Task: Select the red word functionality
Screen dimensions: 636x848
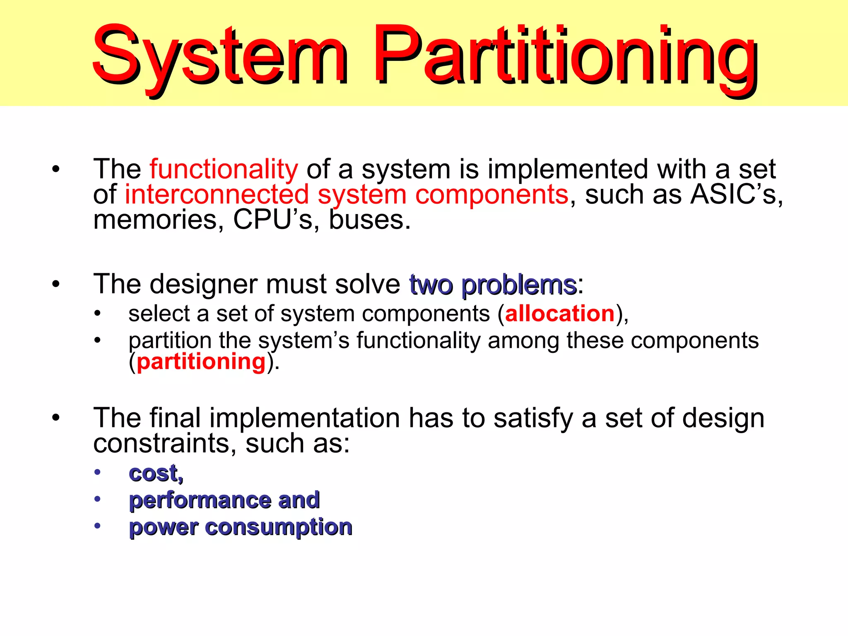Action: (224, 170)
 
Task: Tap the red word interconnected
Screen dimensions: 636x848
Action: (217, 195)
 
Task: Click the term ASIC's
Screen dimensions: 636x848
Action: (733, 195)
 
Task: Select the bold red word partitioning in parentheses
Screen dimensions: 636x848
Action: (201, 362)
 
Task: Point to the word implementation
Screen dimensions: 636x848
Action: (304, 418)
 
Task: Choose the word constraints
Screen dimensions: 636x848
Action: (159, 444)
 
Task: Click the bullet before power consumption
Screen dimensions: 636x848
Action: (97, 526)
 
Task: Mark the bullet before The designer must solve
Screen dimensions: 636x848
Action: (56, 285)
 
